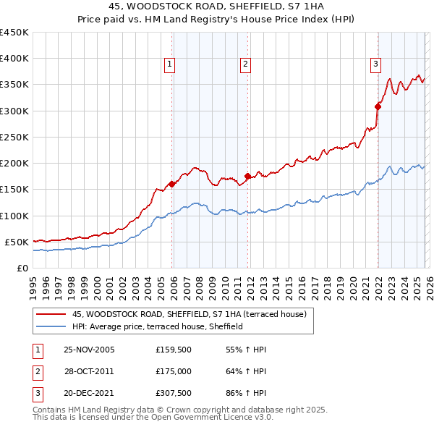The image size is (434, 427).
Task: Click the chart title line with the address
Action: tap(216, 7)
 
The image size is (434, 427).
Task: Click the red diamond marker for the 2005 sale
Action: tap(171, 184)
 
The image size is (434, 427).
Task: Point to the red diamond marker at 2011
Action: tap(247, 176)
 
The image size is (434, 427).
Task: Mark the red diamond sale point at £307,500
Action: tap(378, 106)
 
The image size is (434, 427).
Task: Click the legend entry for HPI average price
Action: tap(157, 326)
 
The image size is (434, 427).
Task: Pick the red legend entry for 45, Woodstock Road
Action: tap(190, 314)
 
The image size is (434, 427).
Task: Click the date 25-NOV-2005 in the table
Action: tap(89, 350)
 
